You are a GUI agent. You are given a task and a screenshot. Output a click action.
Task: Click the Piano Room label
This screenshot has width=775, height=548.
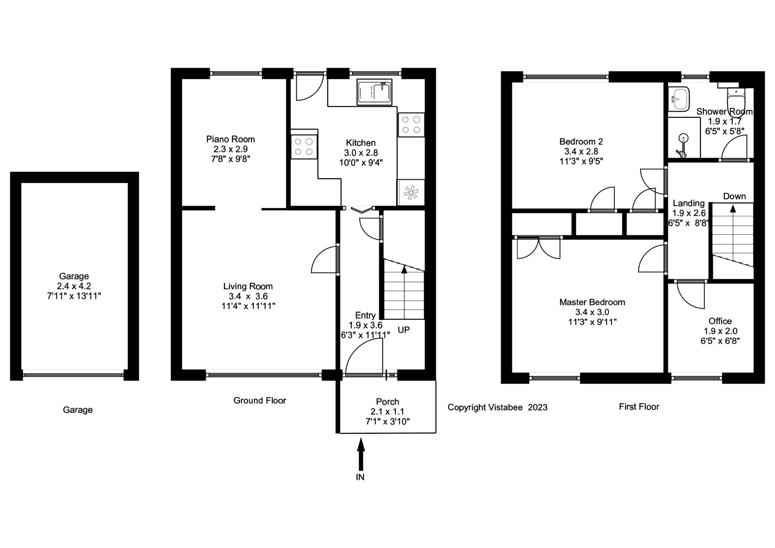click(230, 139)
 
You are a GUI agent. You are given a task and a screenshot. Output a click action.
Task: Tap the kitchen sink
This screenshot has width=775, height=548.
click(374, 92)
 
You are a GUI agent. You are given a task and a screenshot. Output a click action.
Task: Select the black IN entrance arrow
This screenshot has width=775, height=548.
click(361, 454)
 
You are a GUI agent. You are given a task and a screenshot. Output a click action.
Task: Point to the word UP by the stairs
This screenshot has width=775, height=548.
click(403, 330)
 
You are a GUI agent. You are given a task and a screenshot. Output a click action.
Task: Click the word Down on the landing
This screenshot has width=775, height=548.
click(734, 196)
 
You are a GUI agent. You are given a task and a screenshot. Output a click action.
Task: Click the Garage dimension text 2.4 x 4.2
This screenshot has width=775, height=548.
click(74, 286)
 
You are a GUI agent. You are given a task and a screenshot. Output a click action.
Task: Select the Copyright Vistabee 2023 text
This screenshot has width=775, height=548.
click(497, 407)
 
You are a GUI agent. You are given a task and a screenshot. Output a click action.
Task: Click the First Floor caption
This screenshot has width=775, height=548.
click(639, 406)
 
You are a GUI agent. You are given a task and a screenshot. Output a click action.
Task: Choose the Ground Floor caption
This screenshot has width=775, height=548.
click(260, 400)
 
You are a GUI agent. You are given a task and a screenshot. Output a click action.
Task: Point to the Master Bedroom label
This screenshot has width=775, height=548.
click(592, 302)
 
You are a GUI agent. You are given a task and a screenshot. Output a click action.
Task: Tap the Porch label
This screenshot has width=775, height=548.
click(387, 401)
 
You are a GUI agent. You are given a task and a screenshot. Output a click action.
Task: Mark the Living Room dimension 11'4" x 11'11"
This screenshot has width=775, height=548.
click(248, 306)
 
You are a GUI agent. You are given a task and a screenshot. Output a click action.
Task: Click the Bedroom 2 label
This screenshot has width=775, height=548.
click(581, 142)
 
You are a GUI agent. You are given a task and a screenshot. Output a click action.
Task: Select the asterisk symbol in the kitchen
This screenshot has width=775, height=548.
click(411, 193)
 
